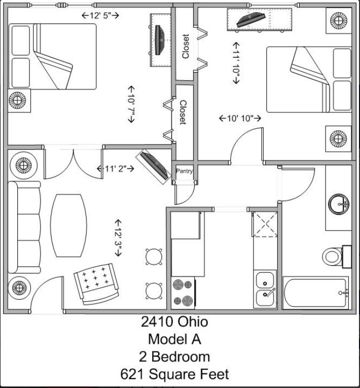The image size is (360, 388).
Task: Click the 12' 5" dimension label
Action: [x=100, y=16]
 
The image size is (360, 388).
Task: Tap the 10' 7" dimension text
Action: [x=131, y=104]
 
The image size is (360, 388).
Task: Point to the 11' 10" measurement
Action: [x=236, y=63]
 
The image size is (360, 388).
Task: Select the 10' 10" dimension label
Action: [x=240, y=118]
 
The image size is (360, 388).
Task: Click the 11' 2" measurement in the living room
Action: [x=116, y=169]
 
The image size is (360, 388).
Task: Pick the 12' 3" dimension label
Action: [x=118, y=238]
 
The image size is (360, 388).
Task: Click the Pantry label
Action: [x=184, y=171]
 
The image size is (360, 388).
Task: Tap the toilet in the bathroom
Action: [x=337, y=257]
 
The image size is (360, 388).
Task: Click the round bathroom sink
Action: [x=339, y=204]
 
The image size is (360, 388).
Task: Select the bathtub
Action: [x=316, y=293]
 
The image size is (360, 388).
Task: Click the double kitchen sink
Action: [x=265, y=289]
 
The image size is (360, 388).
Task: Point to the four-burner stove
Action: [x=183, y=293]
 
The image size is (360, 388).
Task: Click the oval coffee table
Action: [x=68, y=225]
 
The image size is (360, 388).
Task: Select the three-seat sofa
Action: [x=24, y=227]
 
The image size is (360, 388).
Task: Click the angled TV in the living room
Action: [x=154, y=166]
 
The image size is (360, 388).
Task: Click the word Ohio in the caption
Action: [x=193, y=322]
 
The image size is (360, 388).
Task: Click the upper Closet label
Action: [x=186, y=46]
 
